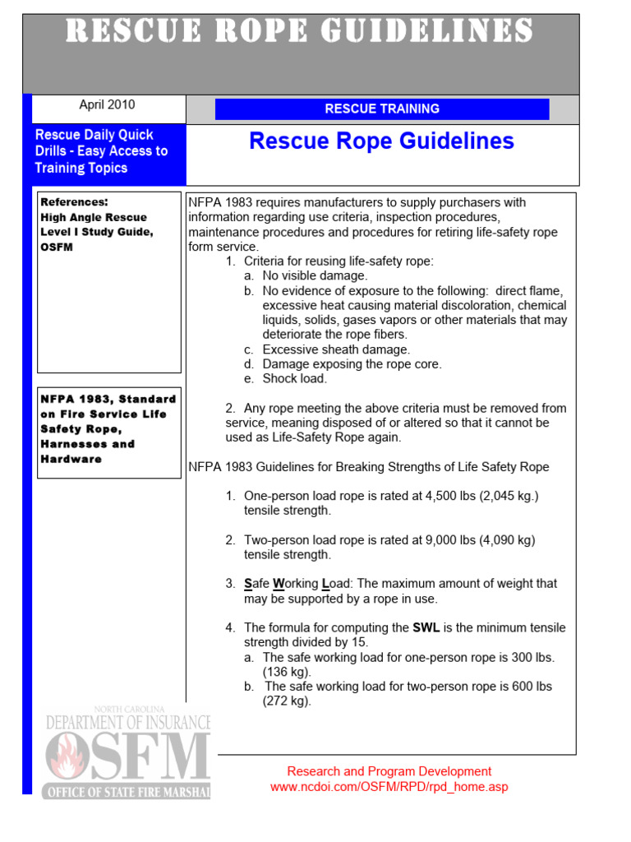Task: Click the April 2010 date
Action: [107, 105]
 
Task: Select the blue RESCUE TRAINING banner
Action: [382, 109]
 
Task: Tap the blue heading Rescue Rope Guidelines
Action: [381, 141]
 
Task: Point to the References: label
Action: [75, 201]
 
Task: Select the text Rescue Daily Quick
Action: [94, 135]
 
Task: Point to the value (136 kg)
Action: [287, 672]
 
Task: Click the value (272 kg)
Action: [287, 701]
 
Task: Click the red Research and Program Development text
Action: [389, 771]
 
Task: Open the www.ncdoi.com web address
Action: [389, 787]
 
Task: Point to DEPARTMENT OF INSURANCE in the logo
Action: [128, 722]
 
